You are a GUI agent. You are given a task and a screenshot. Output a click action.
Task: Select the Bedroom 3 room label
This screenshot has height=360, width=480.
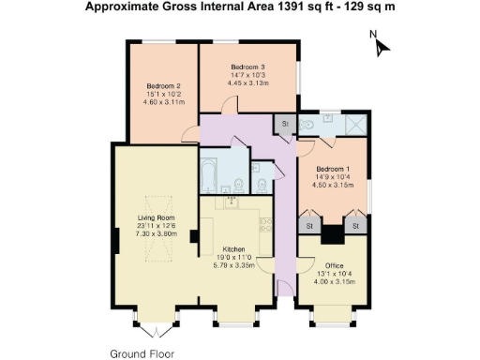[248, 67]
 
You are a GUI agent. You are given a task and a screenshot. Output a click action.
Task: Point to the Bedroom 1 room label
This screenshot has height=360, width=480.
[333, 169]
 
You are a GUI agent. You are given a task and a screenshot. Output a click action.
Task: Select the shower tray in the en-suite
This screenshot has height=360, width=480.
[355, 125]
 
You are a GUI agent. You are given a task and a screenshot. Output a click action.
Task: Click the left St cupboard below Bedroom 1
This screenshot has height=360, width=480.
[307, 226]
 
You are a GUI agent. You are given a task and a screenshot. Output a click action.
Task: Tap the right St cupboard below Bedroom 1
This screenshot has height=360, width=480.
[355, 226]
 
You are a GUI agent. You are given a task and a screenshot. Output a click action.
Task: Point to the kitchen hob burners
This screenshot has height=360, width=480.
[264, 225]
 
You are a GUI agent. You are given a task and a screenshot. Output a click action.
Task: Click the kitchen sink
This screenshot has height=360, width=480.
[230, 202]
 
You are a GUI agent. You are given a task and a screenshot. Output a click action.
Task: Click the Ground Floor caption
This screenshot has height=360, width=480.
[142, 353]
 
